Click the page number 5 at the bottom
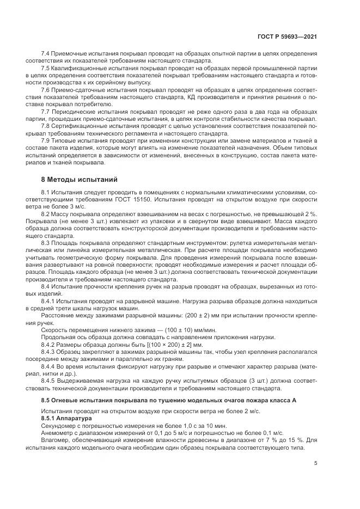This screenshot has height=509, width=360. pyautogui.click(x=316, y=463)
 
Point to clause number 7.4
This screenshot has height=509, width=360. pyautogui.click(x=46, y=54)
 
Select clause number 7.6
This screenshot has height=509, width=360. pyautogui.click(x=46, y=88)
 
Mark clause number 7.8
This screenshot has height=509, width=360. pyautogui.click(x=46, y=124)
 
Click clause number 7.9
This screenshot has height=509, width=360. pyautogui.click(x=46, y=139)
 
